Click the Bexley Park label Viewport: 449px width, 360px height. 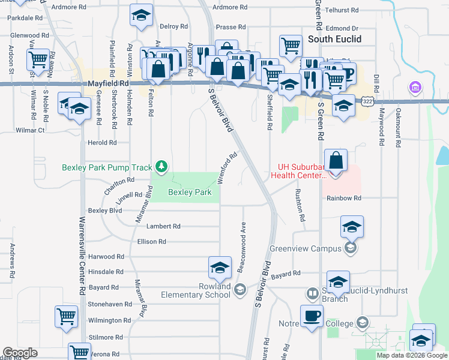pos(189,193)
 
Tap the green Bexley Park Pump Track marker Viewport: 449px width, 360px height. pos(161,166)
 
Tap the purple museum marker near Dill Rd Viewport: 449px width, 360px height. pos(414,88)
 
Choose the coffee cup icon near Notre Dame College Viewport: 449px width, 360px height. pos(311,316)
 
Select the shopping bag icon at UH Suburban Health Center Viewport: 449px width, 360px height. pos(336,160)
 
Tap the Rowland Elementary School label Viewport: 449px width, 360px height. pos(197,290)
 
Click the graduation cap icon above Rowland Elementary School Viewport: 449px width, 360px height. pos(220,267)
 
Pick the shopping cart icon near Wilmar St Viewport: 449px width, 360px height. pos(37,59)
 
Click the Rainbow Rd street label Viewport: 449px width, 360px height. pos(343,198)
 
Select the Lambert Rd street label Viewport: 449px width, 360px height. pos(163,226)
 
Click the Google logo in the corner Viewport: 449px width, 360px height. pos(20,353)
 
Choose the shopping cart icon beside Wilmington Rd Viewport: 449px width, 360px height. pos(66,316)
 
